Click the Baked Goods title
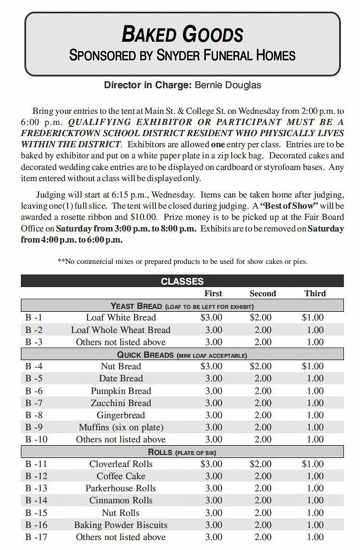click(182, 34)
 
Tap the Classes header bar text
click(182, 281)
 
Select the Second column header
click(262, 294)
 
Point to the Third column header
click(315, 294)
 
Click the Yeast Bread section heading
click(182, 306)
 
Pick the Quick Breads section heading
click(182, 354)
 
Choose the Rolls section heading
click(182, 452)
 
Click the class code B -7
click(33, 403)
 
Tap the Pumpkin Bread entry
click(121, 391)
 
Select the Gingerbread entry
click(121, 415)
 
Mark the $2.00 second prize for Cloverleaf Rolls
click(261, 464)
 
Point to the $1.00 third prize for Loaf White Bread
click(313, 317)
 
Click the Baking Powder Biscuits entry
click(121, 525)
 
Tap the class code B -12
click(36, 476)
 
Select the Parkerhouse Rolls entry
click(121, 488)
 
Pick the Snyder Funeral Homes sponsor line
click(182, 56)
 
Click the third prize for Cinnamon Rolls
click(315, 500)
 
